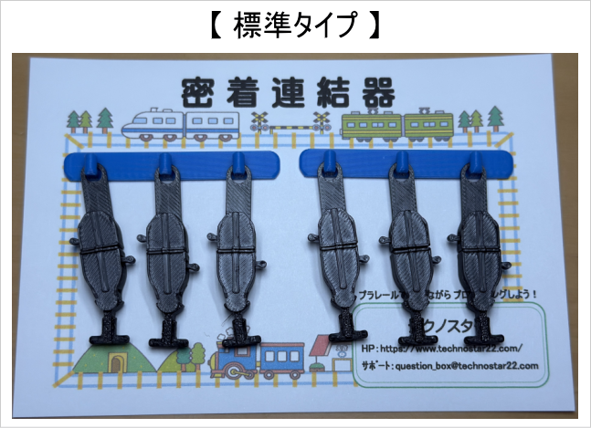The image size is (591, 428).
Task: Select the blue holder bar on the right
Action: (403, 164)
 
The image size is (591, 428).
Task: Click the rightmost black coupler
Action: (480, 242)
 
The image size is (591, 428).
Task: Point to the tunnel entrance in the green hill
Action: (116, 362)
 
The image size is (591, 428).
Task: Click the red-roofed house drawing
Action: (324, 350)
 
